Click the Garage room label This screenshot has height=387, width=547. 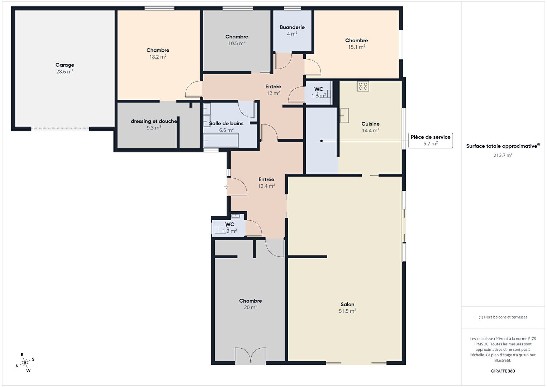coord(65,65)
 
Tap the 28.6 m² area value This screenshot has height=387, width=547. coord(65,72)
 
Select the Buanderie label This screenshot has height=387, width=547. coord(292,27)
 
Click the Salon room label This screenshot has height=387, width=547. coord(347,305)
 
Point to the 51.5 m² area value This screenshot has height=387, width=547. coord(347,311)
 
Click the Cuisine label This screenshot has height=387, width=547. coord(370,124)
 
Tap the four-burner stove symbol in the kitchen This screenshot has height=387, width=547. coord(363,86)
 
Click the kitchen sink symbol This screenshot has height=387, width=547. coord(344,115)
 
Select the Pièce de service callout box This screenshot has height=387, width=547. coord(431,140)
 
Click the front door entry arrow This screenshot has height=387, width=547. coord(227,187)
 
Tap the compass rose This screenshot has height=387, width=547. coord(25,363)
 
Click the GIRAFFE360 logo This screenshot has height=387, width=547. coord(503,371)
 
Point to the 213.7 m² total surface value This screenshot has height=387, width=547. coord(503,155)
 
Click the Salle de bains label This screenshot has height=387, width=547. coord(226,123)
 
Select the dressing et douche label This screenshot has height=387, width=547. coord(154,121)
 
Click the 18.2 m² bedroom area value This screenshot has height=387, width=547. coord(158,57)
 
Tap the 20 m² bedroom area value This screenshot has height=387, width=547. coord(250,307)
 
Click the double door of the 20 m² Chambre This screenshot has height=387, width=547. coord(250,355)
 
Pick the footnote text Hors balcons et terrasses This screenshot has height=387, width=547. coord(505,317)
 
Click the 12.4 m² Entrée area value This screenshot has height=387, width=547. coord(266,186)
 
